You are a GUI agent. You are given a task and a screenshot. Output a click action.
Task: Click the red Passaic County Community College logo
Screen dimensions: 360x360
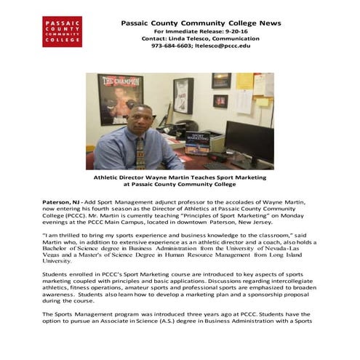62,31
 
